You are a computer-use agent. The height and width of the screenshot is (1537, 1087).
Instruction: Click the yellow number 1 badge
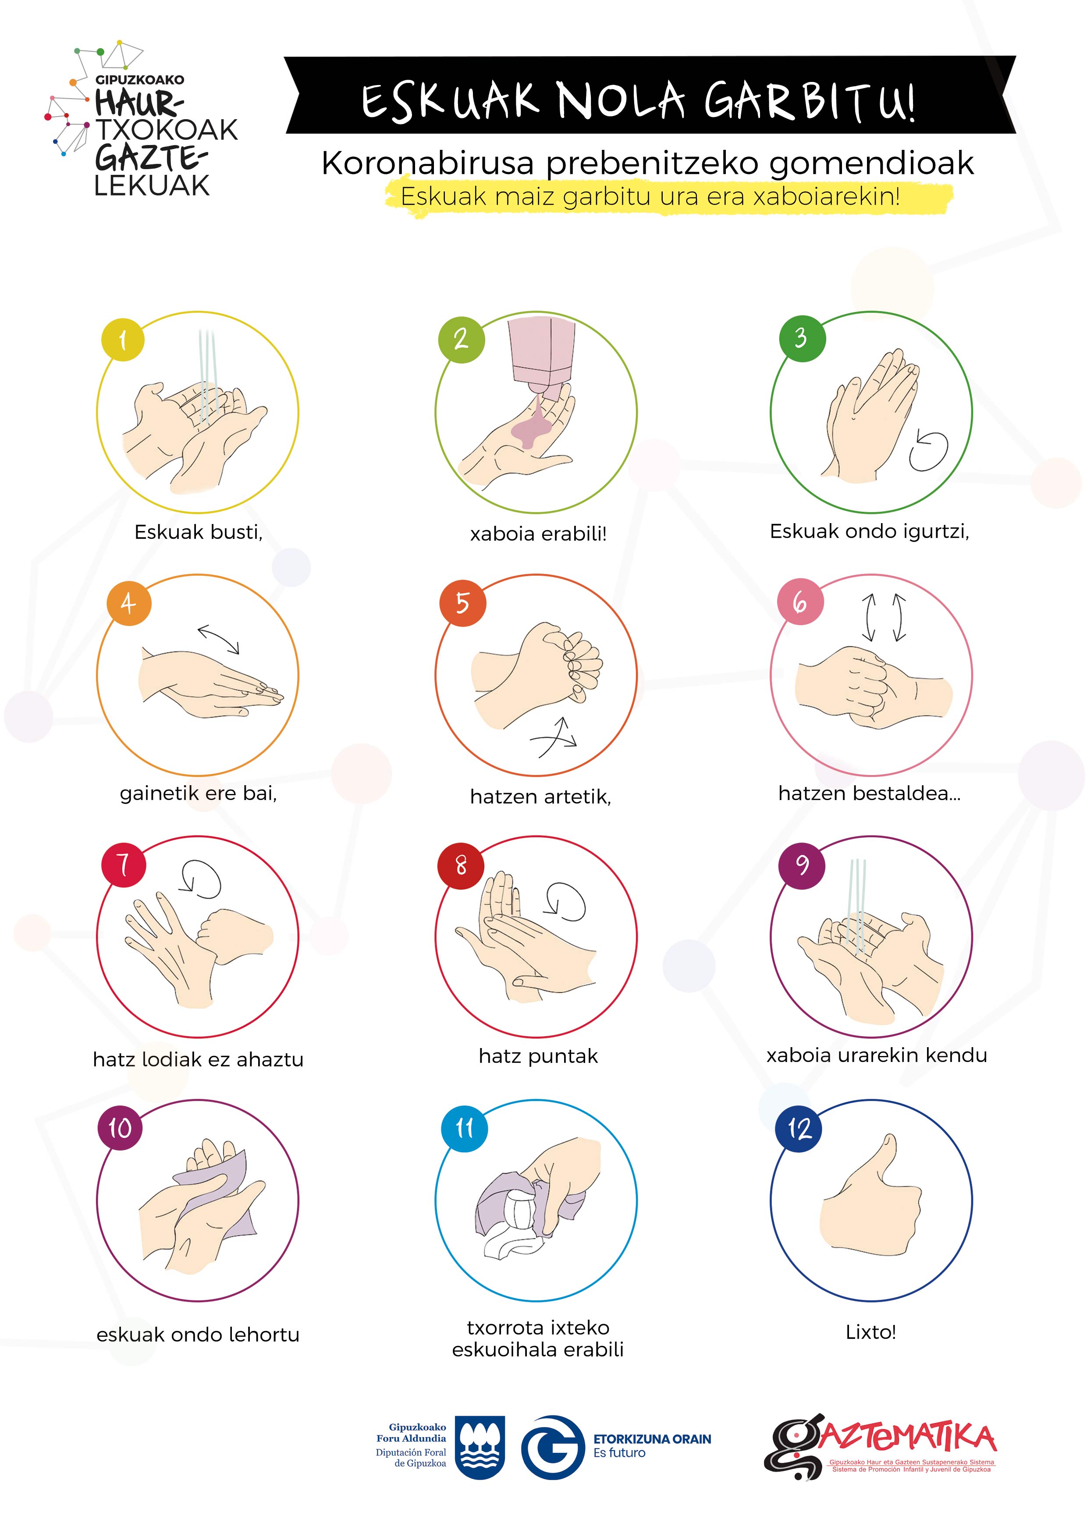coord(123,340)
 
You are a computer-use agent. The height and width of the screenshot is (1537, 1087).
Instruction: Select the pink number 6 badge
coord(799,602)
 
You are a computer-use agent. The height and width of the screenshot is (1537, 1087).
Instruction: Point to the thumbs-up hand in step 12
coord(870,1198)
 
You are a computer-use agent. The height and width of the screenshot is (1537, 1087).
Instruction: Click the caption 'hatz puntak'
coord(538,1056)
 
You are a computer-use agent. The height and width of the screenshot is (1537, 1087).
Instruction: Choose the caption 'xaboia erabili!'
coord(538,534)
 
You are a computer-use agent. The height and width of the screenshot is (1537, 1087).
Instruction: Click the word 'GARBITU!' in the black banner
coord(810,100)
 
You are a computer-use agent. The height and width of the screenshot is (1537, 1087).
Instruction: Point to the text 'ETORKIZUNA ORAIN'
coord(652,1439)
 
